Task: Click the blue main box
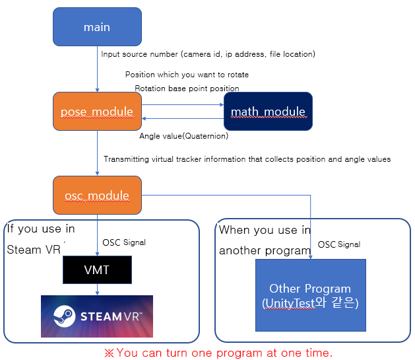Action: point(97,27)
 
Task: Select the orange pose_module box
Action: point(97,111)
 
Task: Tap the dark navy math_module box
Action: point(267,111)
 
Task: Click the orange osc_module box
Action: point(97,195)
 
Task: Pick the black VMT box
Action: point(97,270)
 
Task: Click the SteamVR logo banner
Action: point(97,316)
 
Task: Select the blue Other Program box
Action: point(310,295)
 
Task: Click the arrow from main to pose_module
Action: point(98,69)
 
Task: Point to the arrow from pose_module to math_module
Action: point(183,104)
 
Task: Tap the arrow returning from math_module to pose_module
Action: point(183,119)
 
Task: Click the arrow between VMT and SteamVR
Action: point(98,289)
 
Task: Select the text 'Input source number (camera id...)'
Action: point(208,54)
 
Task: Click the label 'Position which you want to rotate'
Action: point(187,75)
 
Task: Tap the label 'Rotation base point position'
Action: point(187,88)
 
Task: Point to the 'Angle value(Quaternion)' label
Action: point(183,136)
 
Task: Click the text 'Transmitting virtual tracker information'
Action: point(247,159)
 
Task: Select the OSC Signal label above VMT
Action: point(124,242)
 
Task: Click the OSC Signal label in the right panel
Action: point(339,244)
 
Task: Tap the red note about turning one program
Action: point(218,353)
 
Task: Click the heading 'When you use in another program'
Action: point(265,240)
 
